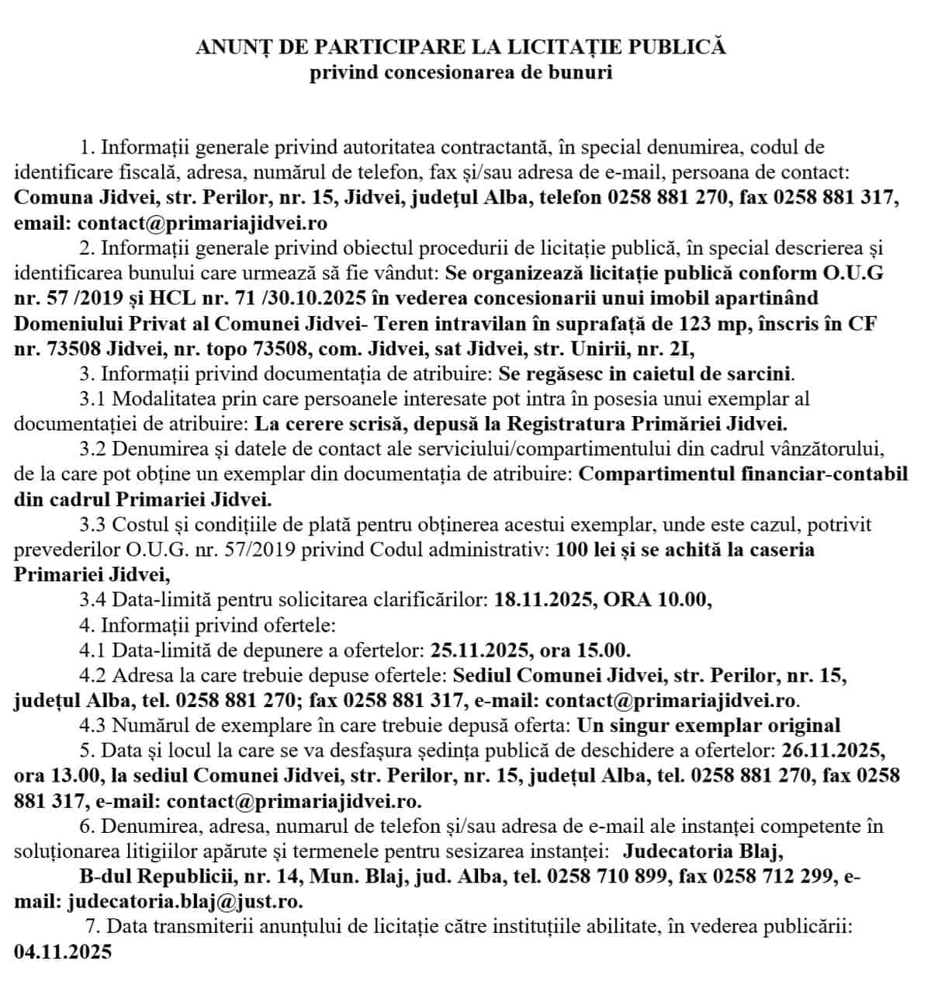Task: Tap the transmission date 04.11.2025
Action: tap(63, 952)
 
